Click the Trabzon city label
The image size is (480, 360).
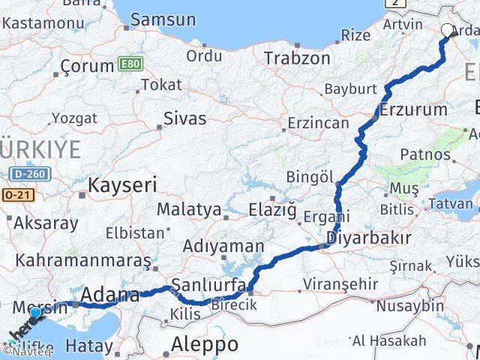(297, 58)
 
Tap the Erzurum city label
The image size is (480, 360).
(413, 109)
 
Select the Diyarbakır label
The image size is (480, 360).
(368, 238)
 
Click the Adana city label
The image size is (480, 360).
(110, 295)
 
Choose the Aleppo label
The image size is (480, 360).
(205, 344)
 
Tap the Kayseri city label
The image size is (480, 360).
(122, 184)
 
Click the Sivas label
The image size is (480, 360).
(184, 117)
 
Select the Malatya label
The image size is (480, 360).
(189, 209)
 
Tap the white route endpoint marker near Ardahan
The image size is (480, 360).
(448, 31)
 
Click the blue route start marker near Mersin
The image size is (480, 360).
(35, 313)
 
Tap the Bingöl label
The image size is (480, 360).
(310, 176)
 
